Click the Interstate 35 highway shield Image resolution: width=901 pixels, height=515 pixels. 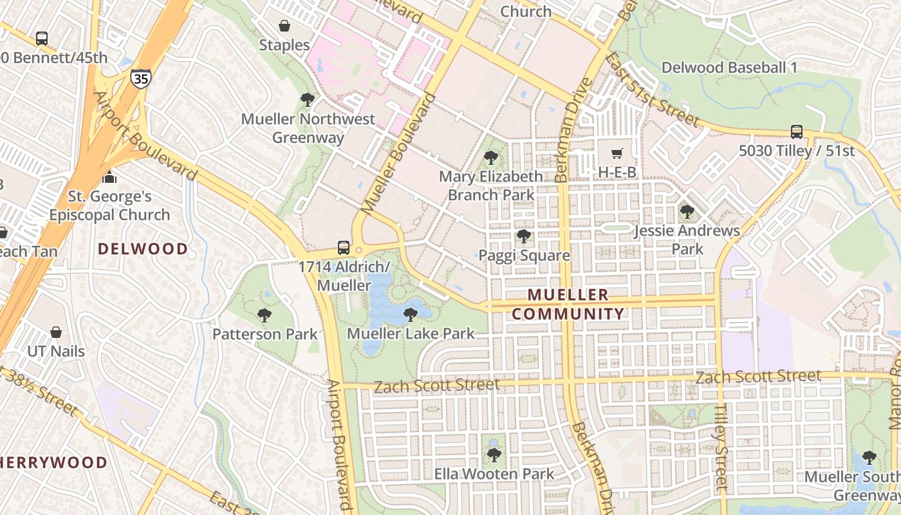(138, 79)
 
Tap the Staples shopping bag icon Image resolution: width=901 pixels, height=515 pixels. (284, 26)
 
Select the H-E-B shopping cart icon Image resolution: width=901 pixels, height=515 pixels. (617, 153)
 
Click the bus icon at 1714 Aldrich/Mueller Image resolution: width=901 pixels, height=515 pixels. (344, 247)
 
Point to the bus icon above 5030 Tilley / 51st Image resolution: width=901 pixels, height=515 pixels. (796, 131)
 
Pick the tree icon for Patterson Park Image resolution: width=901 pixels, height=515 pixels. (264, 315)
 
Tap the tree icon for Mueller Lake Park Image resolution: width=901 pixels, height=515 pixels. (410, 314)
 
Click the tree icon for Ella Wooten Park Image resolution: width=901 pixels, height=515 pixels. (494, 455)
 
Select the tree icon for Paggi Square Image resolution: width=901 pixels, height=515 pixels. (524, 236)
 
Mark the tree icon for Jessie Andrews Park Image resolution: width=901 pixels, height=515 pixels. (687, 211)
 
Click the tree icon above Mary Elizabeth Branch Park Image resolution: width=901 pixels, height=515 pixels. (491, 157)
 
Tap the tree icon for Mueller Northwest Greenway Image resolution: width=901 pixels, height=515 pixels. (308, 100)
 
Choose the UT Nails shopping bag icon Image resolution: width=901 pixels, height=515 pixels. (56, 332)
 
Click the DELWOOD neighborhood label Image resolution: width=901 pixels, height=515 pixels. (143, 248)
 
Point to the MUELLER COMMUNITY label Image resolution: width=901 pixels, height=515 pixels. (568, 304)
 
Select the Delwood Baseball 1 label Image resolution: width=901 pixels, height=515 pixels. (729, 67)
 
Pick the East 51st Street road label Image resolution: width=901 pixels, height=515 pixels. (652, 90)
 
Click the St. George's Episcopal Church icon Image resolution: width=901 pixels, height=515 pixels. (109, 176)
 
